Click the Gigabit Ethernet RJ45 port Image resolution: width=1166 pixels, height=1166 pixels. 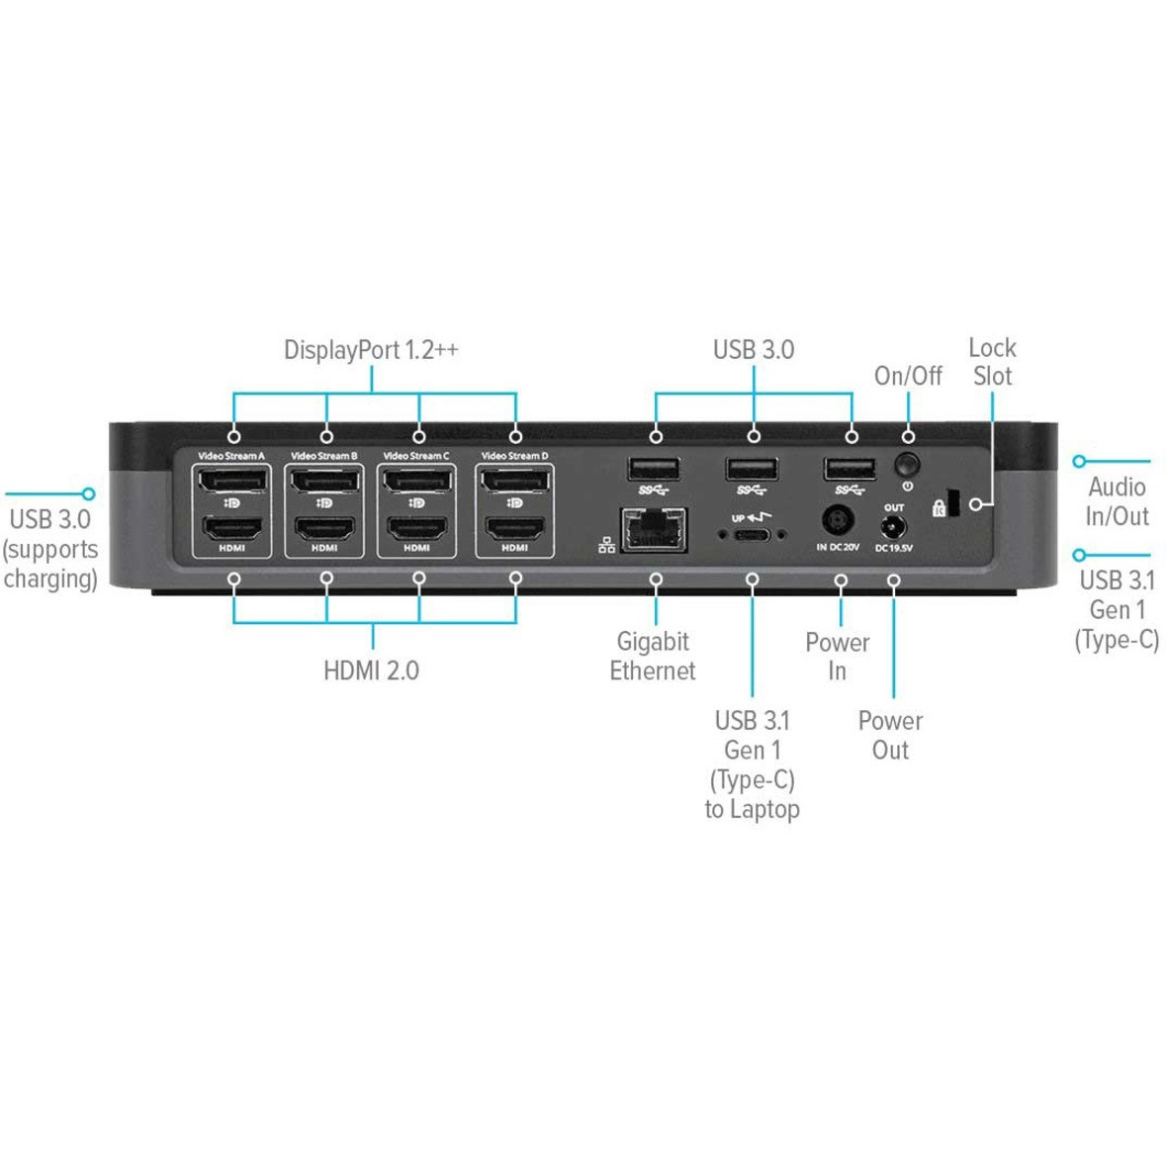(x=654, y=530)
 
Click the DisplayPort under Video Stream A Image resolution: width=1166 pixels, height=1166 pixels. (x=231, y=481)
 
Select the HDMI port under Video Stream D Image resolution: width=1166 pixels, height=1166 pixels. (x=514, y=529)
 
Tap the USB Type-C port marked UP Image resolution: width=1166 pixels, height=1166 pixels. (x=751, y=535)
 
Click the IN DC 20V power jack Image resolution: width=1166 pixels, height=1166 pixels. (x=838, y=521)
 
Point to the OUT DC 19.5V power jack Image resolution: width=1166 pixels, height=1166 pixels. (x=892, y=528)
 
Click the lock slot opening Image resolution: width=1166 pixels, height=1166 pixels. (x=954, y=503)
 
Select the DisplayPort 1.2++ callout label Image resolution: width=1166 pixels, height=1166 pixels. (x=371, y=349)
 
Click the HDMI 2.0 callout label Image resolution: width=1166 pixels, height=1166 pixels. (x=371, y=671)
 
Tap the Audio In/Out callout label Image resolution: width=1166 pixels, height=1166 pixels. (x=1117, y=501)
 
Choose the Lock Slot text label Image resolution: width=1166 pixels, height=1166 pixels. (x=992, y=361)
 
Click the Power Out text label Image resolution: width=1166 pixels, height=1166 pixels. (x=890, y=735)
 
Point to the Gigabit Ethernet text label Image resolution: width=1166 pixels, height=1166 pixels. (x=652, y=656)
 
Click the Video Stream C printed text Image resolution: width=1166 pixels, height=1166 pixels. (x=416, y=456)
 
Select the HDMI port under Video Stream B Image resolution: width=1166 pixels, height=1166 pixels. (x=324, y=529)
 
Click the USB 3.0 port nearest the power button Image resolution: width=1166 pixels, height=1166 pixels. (x=850, y=469)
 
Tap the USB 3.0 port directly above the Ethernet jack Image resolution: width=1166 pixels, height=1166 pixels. (x=654, y=469)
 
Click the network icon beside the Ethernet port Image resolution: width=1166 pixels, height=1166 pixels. (x=607, y=545)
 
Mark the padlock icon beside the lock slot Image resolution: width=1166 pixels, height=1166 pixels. (x=939, y=508)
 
